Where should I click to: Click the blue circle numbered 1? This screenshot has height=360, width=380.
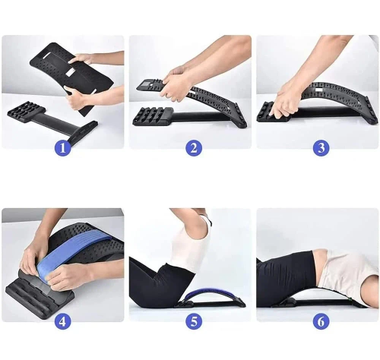click(x=63, y=148)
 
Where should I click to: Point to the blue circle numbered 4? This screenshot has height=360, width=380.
click(x=63, y=321)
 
